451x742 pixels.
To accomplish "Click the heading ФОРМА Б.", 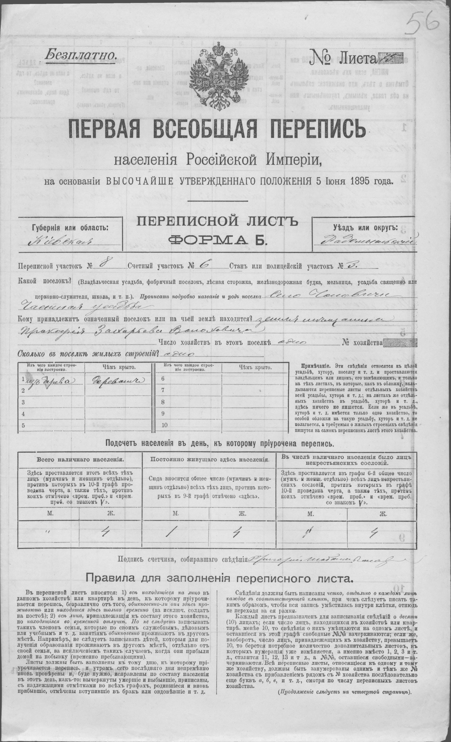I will (217, 240).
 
